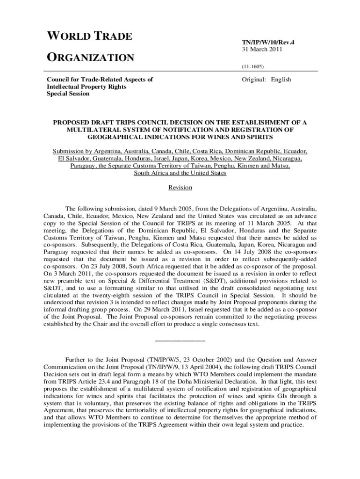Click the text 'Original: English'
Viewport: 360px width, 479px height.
pos(266,80)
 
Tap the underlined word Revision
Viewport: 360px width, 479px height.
pos(180,188)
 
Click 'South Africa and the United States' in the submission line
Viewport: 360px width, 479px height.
pos(180,173)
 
